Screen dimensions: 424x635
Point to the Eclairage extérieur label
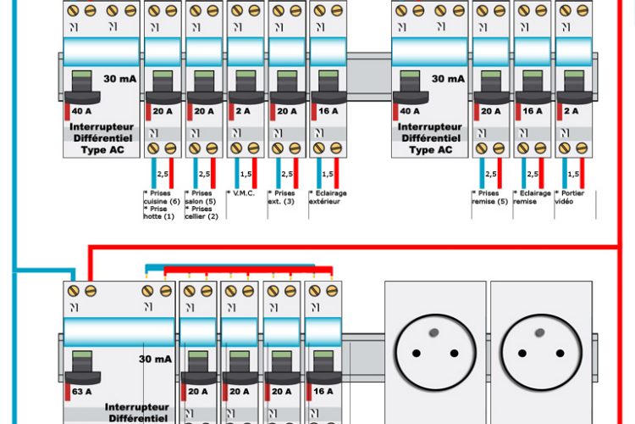(x=328, y=198)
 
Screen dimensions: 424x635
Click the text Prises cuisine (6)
(x=163, y=197)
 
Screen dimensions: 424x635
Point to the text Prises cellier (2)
(x=203, y=213)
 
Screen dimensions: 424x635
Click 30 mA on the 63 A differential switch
(x=155, y=359)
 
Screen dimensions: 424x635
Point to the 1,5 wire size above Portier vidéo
(x=573, y=174)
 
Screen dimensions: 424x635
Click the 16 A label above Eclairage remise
(x=533, y=111)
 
